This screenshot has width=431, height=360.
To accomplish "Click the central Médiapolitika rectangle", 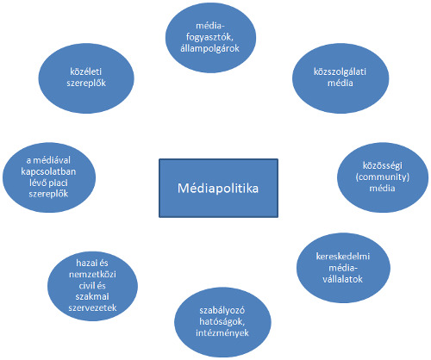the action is point(218,188).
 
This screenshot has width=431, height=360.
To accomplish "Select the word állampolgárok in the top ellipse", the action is point(209,48).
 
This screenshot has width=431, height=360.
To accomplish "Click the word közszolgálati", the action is point(340,71).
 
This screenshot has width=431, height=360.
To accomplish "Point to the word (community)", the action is point(383,177).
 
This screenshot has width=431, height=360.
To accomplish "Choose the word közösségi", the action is point(383,165).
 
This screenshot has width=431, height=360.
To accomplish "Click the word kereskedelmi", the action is point(343,256).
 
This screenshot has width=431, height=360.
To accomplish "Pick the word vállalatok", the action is point(342,279).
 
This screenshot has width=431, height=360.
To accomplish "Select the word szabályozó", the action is point(222,310).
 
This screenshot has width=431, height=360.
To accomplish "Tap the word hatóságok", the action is point(222,321).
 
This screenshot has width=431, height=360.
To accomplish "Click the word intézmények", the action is point(222,332).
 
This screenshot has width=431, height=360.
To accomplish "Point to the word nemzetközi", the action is point(92,274).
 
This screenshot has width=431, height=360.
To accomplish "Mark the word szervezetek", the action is point(92,307).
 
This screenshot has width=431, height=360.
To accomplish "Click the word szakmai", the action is point(92,296).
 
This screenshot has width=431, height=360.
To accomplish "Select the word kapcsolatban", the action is point(48,171).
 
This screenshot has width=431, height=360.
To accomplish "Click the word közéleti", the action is point(86,71).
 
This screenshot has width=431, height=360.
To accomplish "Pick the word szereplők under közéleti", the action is point(86,83).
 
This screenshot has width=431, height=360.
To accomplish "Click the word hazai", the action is point(85,263).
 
